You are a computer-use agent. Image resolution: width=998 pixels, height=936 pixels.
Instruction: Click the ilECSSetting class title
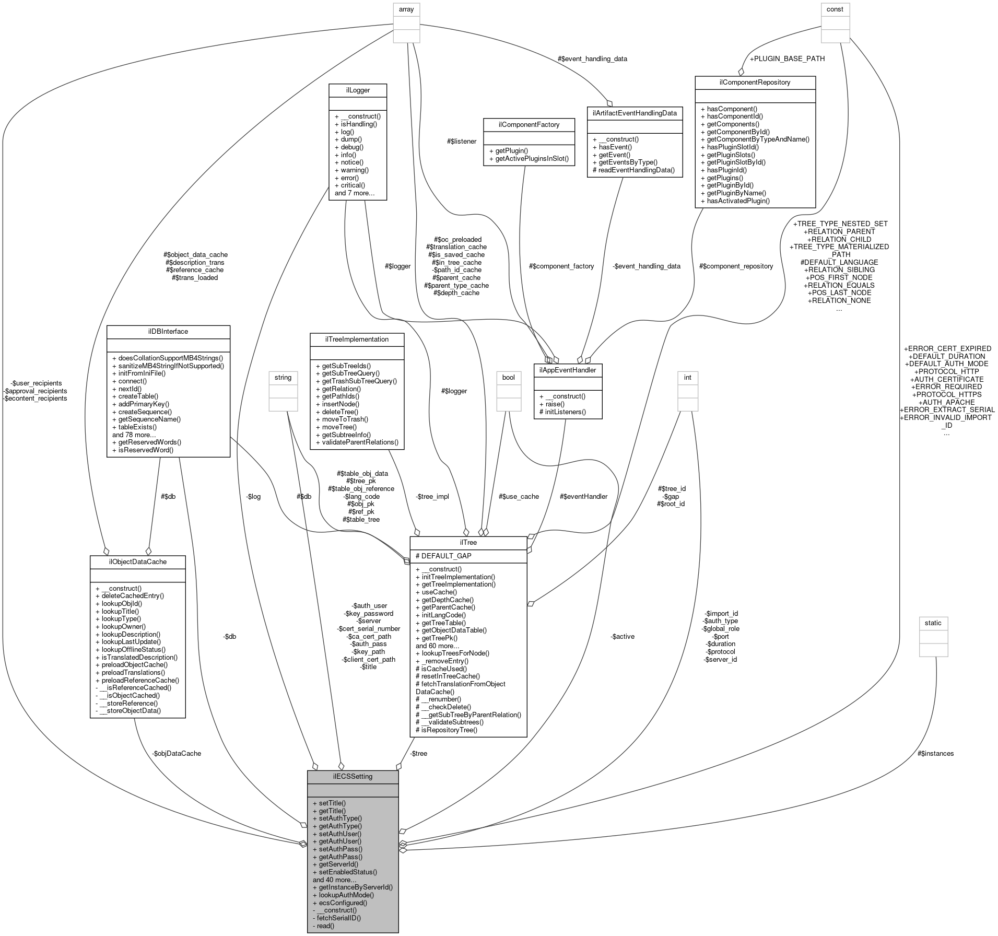(353, 776)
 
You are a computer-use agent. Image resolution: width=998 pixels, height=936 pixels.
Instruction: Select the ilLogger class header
(358, 90)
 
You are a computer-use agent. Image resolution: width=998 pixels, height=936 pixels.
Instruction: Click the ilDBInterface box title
(168, 331)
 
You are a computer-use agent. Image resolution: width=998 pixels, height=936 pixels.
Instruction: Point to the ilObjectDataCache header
(138, 561)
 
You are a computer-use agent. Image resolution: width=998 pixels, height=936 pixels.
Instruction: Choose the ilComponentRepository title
(755, 82)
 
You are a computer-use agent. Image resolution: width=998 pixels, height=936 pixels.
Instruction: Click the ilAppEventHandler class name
(568, 370)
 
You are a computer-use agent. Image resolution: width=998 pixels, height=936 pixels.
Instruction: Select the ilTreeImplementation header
(357, 339)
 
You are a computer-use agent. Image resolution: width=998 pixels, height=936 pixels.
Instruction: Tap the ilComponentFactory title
(529, 124)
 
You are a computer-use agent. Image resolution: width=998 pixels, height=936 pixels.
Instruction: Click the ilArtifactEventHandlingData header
(635, 113)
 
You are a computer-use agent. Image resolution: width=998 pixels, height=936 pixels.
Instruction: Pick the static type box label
(933, 623)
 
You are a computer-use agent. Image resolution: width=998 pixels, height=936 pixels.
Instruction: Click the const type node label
(835, 9)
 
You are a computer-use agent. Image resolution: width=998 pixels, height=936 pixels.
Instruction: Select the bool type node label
(508, 377)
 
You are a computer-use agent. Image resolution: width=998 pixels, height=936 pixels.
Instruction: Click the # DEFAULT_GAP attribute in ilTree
(443, 556)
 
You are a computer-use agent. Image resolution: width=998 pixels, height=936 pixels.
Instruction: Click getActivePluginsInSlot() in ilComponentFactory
(529, 158)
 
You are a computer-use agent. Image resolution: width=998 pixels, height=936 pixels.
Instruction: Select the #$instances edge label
(935, 753)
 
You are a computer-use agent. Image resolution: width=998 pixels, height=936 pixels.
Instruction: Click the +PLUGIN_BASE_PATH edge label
(787, 58)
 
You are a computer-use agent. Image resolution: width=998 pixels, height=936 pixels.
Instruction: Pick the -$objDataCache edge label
(177, 753)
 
